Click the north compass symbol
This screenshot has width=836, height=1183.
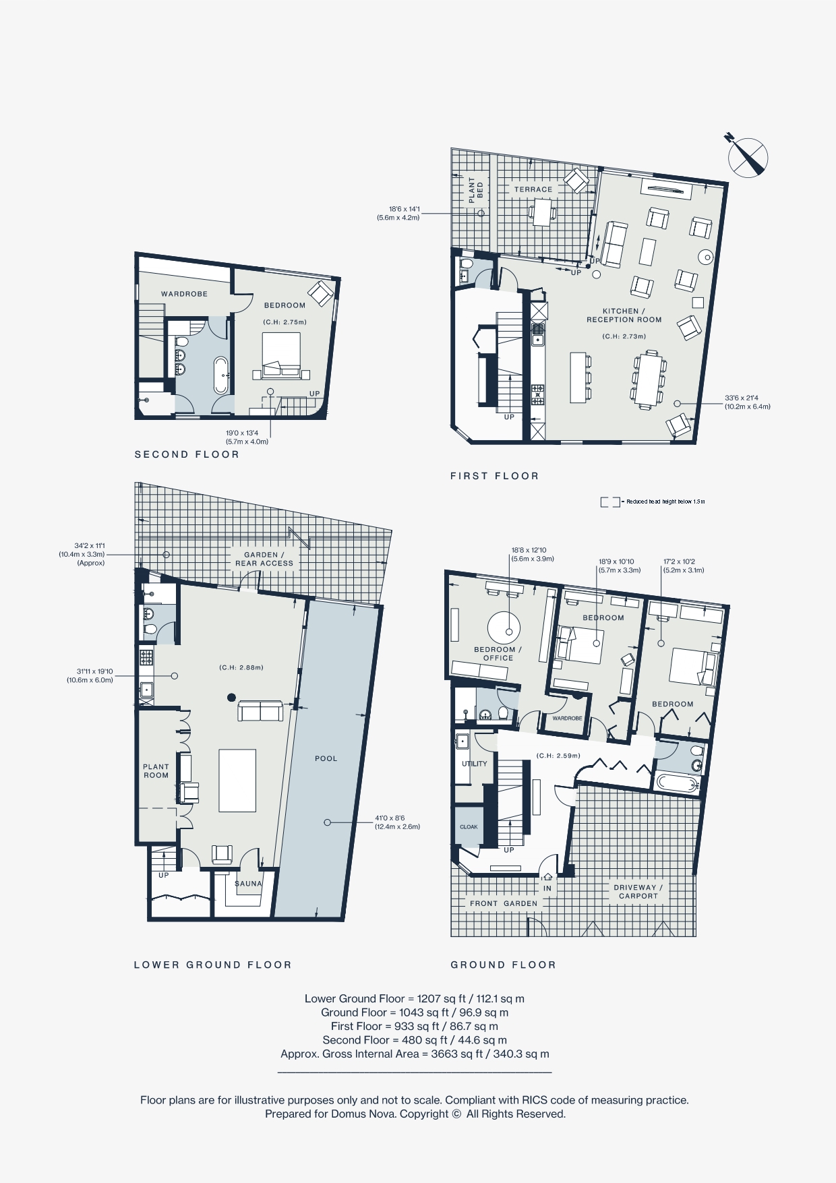point(748,157)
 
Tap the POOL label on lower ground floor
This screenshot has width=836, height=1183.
point(326,758)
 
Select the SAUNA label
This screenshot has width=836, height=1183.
point(248,884)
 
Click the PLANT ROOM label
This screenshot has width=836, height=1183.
point(156,771)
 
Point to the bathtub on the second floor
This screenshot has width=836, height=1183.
point(220,375)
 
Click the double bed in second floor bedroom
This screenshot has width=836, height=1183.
point(281,354)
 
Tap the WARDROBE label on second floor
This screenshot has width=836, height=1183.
point(184,294)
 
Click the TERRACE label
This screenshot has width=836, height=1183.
point(533,189)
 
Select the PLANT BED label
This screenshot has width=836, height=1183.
point(475,190)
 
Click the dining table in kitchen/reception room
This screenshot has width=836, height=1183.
point(649,379)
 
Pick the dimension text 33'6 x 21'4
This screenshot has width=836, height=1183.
point(747,402)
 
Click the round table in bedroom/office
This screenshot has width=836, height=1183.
point(504,627)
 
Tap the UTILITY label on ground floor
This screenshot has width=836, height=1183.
point(474,764)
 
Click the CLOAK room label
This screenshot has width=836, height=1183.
point(469,827)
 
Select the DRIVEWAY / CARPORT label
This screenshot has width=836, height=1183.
point(638,892)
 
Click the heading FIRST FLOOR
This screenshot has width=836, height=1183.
point(494,476)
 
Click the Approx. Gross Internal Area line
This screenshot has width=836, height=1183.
point(415,1054)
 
